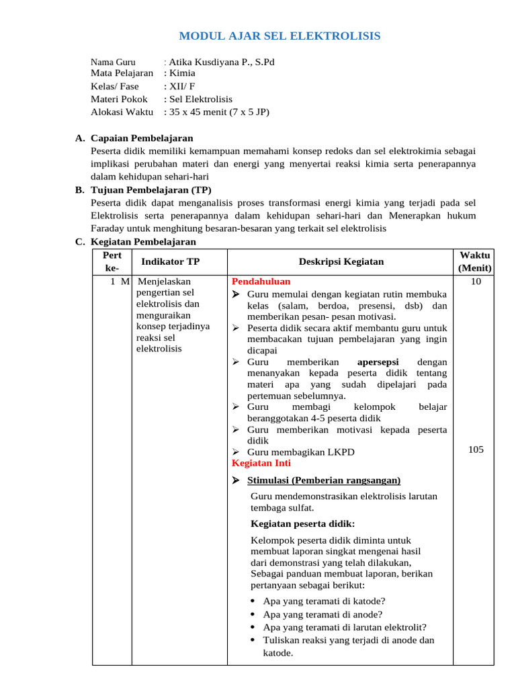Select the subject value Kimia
[x=183, y=73]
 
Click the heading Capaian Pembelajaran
[x=142, y=138]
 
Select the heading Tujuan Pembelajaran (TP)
[x=141, y=190]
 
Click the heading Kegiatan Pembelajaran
[x=143, y=242]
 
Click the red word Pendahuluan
[x=261, y=282]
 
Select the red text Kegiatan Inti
[x=261, y=463]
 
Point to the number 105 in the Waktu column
[x=476, y=450]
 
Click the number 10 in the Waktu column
[x=476, y=282]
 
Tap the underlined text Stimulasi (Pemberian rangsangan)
[x=324, y=480]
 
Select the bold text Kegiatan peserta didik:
[x=302, y=523]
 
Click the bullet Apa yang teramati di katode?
[x=324, y=601]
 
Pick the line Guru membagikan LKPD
[x=300, y=452]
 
